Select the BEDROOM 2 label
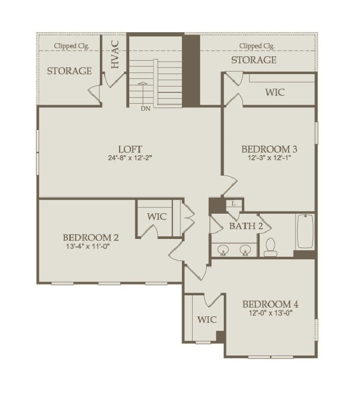click(x=91, y=237)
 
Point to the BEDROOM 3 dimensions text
click(x=269, y=158)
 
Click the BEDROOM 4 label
click(x=270, y=304)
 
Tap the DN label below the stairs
click(x=145, y=108)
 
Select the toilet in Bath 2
click(x=270, y=246)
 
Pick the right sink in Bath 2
click(x=246, y=249)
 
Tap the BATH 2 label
click(x=246, y=226)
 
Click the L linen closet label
click(x=234, y=204)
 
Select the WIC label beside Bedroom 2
click(x=157, y=217)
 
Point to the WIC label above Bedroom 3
click(x=275, y=92)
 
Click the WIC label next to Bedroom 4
click(x=207, y=320)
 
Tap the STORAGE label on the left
click(x=69, y=71)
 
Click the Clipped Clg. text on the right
click(x=257, y=46)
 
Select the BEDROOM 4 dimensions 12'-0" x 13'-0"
click(x=270, y=313)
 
